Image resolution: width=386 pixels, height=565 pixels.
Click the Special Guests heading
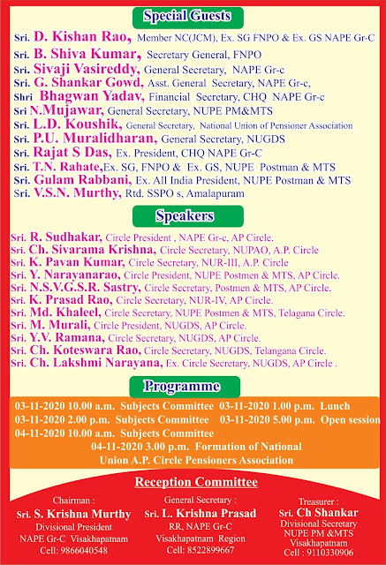(193, 16)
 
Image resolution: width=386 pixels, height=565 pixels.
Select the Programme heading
(193, 386)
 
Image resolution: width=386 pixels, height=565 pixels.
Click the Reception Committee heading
(193, 482)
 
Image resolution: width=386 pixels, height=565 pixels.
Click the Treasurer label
(325, 500)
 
